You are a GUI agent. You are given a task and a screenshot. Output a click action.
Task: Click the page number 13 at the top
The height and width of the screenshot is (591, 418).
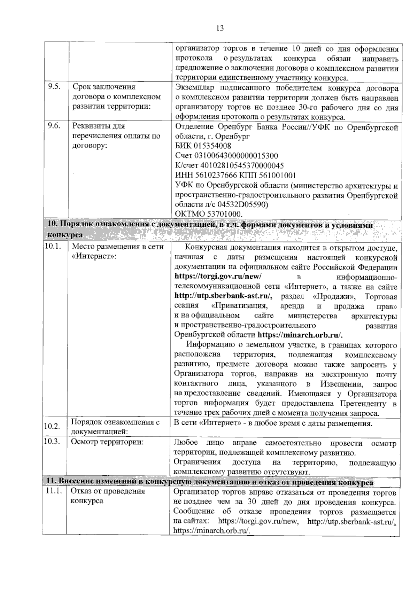220,28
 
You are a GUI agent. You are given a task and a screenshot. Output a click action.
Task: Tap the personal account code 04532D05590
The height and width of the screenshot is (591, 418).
240,204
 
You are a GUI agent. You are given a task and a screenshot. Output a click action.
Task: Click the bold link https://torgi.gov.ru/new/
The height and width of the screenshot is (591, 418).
218,277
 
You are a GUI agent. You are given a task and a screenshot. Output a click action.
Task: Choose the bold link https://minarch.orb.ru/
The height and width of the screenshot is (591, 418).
300,335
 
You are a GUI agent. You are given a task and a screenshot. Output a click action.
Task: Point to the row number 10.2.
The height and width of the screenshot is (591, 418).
52,427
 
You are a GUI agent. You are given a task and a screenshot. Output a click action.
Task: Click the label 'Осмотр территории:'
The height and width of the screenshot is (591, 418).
107,442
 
